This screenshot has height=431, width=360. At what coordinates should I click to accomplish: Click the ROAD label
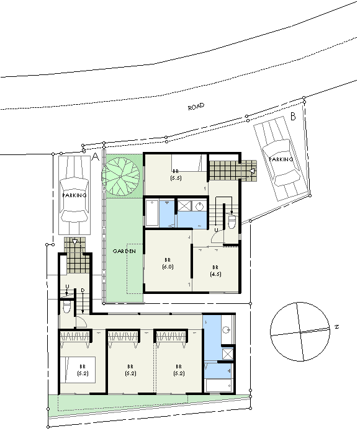click(x=196, y=107)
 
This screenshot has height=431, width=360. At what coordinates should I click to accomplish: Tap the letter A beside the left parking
click(x=95, y=157)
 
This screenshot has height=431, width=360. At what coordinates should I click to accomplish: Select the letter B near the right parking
click(x=293, y=117)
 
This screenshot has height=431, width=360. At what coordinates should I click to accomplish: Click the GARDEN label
click(x=124, y=251)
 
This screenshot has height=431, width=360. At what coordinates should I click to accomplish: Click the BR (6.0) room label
click(x=168, y=264)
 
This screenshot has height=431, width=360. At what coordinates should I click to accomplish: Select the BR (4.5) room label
click(x=215, y=271)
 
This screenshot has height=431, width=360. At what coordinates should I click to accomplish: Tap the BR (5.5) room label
click(x=176, y=175)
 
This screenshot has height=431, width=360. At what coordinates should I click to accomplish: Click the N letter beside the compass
click(x=337, y=327)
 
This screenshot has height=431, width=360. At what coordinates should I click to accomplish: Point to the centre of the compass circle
click(x=300, y=332)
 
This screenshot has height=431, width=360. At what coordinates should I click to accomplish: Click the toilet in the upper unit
click(x=232, y=221)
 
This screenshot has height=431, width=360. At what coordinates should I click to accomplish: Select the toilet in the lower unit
click(x=67, y=306)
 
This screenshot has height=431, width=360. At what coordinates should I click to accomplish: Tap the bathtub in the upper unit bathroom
click(x=152, y=213)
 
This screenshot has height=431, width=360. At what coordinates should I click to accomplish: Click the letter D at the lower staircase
click(x=83, y=290)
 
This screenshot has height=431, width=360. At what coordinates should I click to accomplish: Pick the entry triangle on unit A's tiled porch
click(x=75, y=242)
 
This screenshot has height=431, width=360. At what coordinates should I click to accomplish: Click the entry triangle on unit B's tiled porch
click(x=252, y=171)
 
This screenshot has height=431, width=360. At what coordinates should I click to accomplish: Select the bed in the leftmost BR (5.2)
click(x=78, y=370)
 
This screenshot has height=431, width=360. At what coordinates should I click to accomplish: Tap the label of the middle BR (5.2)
click(x=130, y=370)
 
